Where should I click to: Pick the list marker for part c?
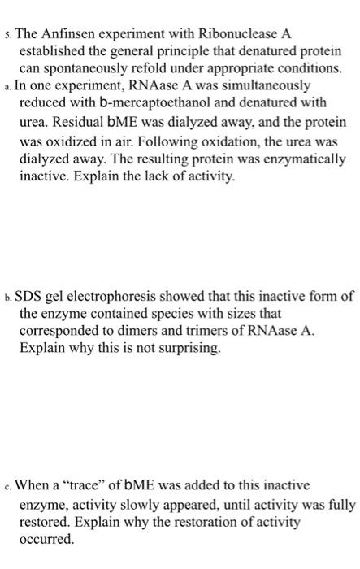coord(7,486)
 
